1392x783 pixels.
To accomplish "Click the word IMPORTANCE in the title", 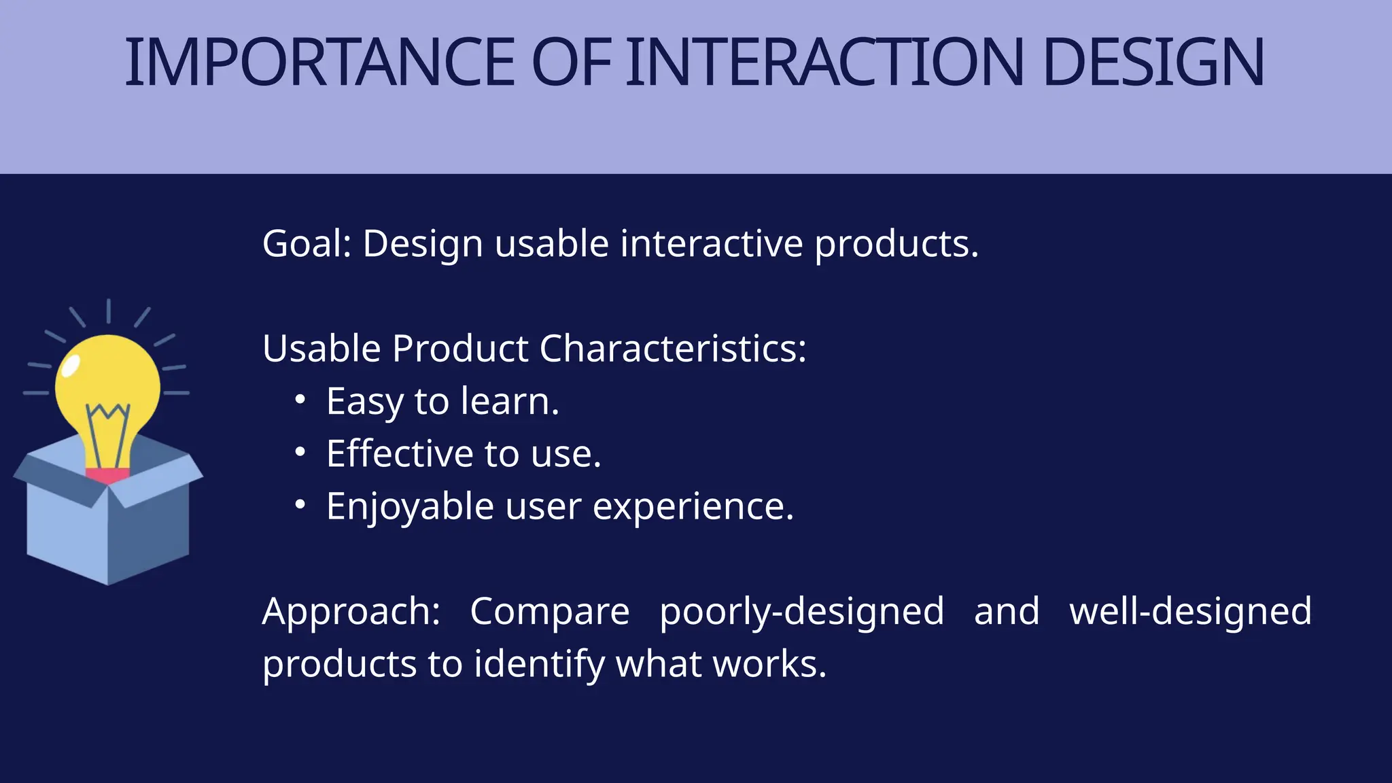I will click(319, 63).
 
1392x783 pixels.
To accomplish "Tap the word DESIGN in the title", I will click(1153, 63).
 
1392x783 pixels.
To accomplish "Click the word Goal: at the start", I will click(307, 243).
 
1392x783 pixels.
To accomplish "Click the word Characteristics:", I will click(672, 349).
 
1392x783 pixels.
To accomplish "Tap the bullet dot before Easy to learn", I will click(300, 400).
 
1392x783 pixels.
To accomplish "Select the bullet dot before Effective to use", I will click(300, 453).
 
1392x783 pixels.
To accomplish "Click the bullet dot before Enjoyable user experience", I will click(300, 505).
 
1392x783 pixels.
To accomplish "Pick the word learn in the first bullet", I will click(510, 401).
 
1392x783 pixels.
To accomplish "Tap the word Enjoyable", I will click(410, 507).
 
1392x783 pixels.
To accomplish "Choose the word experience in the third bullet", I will click(693, 507).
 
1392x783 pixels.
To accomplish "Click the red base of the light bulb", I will click(107, 475).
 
